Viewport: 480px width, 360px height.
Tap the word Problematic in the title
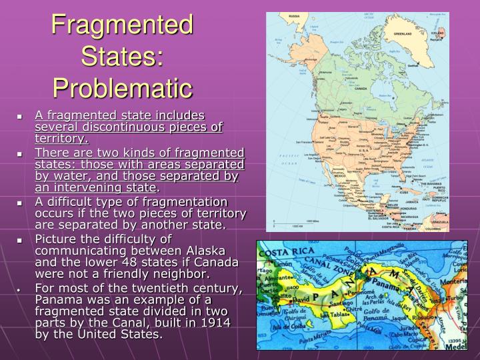(123, 87)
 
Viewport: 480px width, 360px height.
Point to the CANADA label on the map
(361, 88)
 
